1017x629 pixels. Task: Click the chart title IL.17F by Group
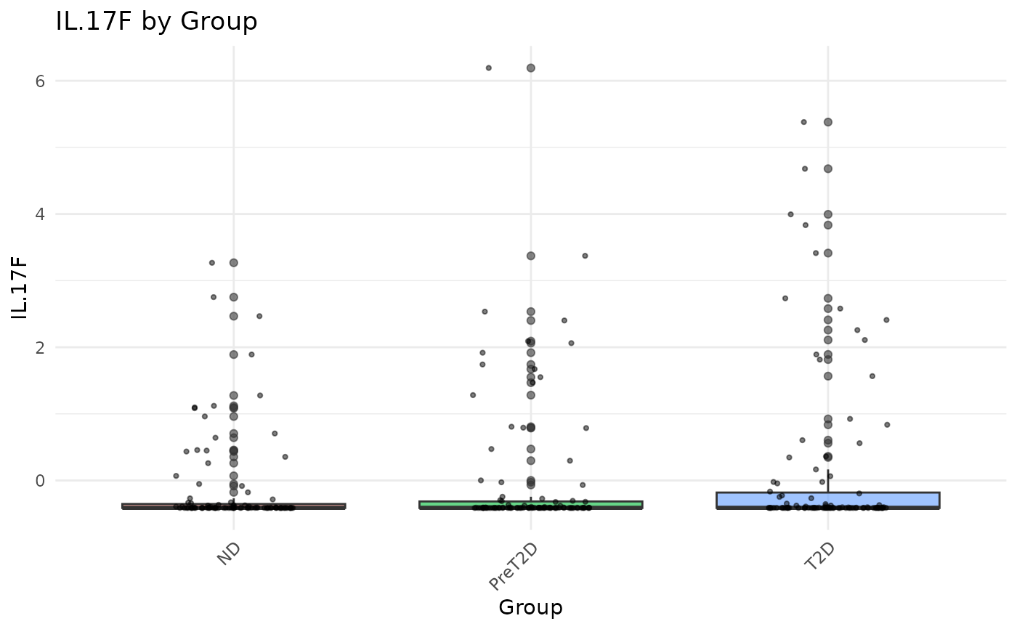pos(156,22)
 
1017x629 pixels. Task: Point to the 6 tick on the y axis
pos(39,81)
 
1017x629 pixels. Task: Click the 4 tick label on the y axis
pos(39,214)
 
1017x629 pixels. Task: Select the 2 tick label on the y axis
pos(39,347)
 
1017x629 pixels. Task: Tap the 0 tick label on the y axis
pos(39,481)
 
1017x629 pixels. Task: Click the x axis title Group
pos(530,607)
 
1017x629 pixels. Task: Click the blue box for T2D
pos(827,500)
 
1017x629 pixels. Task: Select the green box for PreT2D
pos(530,505)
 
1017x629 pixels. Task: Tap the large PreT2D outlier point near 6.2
pos(531,68)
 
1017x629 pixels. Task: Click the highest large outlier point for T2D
pos(828,122)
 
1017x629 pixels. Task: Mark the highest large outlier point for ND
pos(234,263)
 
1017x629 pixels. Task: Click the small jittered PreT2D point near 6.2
pos(488,68)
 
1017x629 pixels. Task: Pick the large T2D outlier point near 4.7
pos(828,169)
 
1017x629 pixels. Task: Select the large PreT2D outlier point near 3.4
pos(531,256)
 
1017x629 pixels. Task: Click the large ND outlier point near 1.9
pos(234,354)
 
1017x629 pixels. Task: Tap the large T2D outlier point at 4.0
pos(828,214)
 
